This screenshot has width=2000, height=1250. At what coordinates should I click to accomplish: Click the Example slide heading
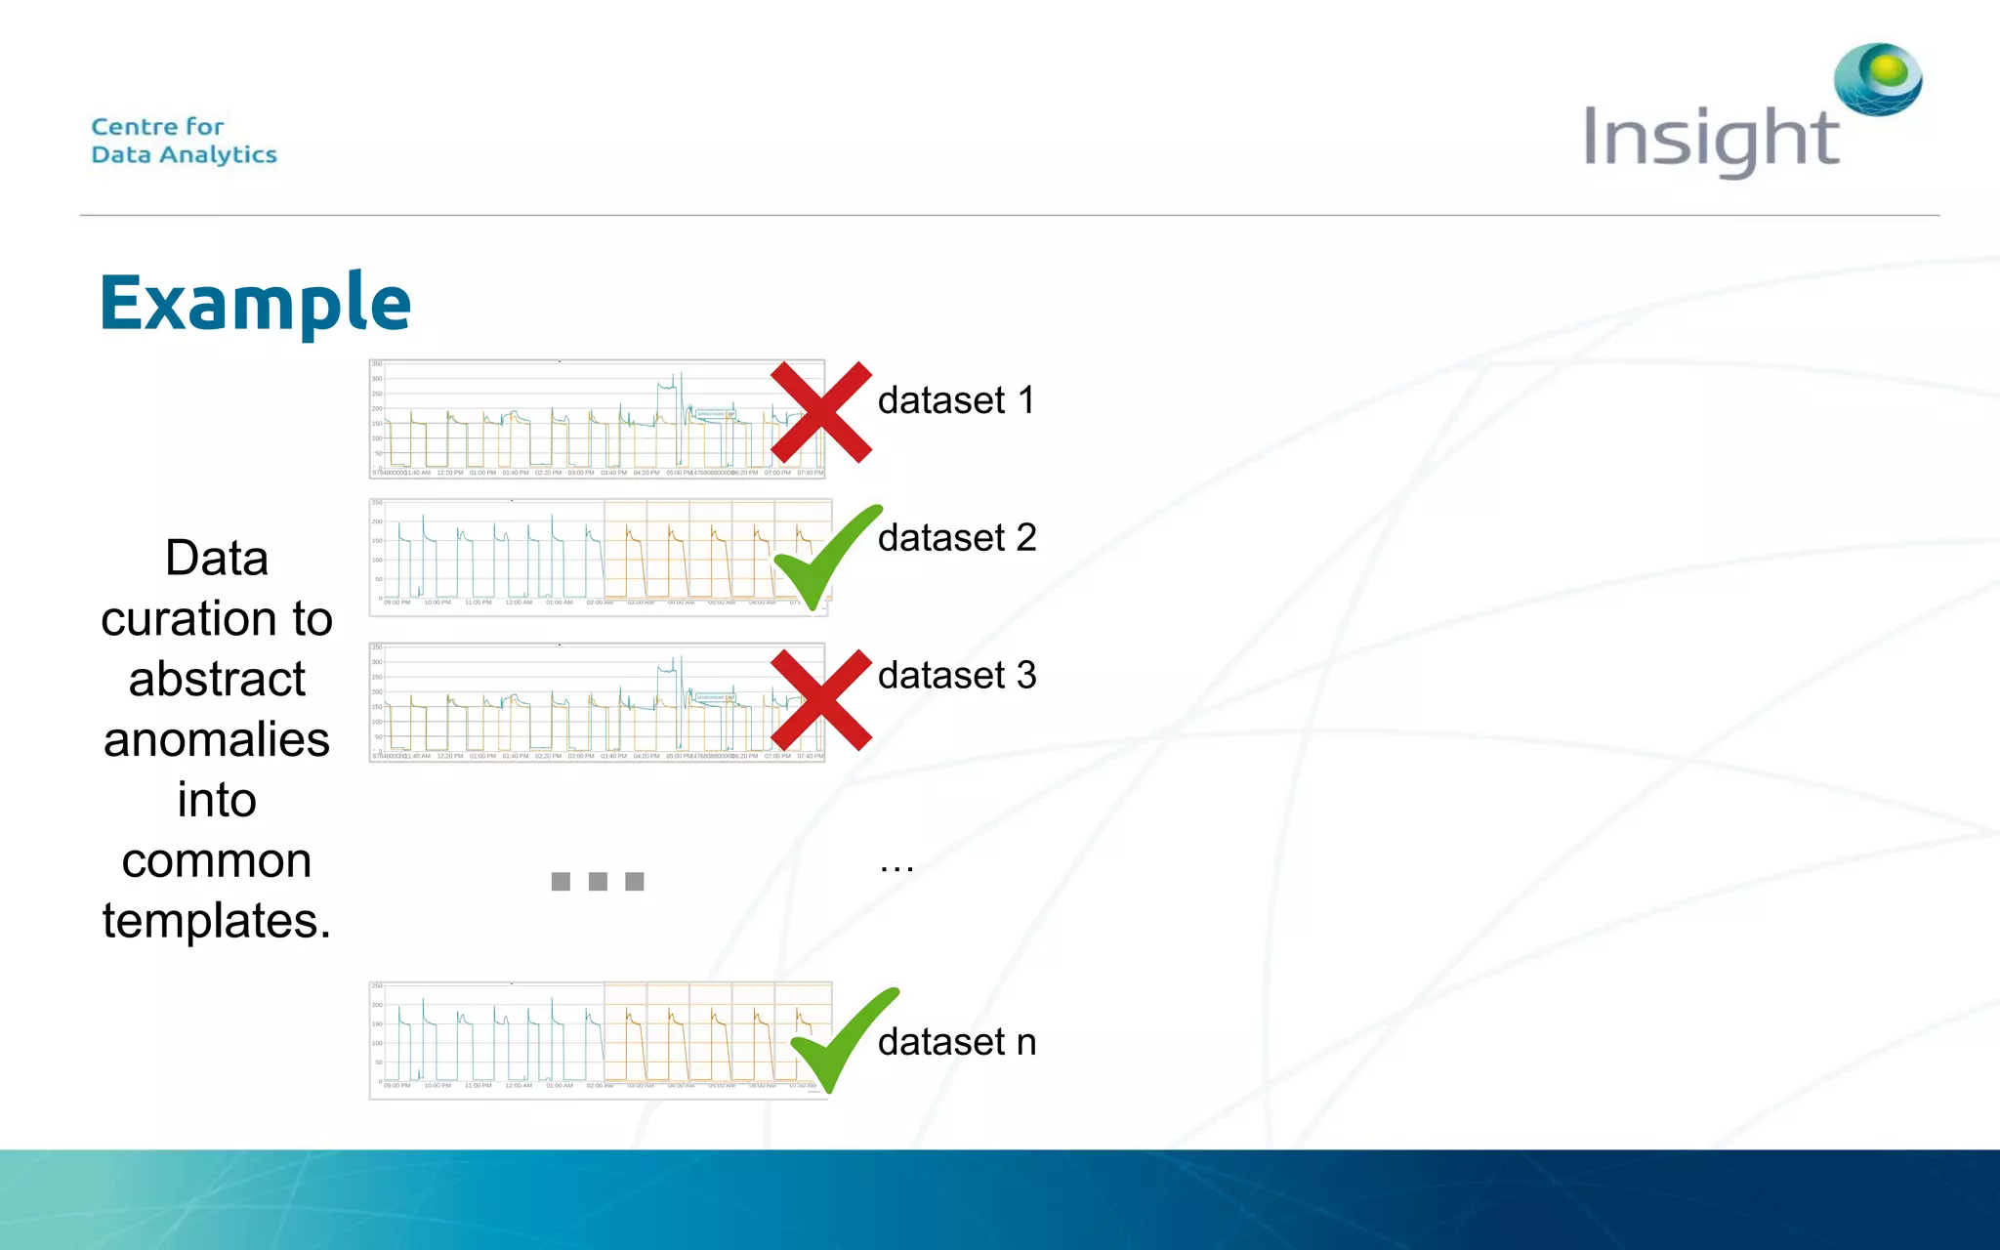pyautogui.click(x=255, y=303)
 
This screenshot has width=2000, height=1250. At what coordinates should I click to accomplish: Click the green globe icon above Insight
pyautogui.click(x=1878, y=78)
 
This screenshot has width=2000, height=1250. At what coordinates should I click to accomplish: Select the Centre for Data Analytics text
pyautogui.click(x=184, y=141)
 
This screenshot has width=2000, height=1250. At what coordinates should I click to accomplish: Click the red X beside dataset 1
pyautogui.click(x=820, y=412)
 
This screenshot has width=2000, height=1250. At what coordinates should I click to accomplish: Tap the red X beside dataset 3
pyautogui.click(x=820, y=699)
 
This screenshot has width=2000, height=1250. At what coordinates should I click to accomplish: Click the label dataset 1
pyautogui.click(x=956, y=400)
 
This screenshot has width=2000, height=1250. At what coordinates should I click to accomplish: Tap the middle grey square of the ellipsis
pyautogui.click(x=598, y=882)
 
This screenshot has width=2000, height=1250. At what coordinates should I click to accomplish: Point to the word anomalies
pyautogui.click(x=217, y=739)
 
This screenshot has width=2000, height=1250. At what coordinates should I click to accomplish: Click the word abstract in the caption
pyautogui.click(x=217, y=679)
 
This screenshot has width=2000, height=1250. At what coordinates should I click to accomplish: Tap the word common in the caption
pyautogui.click(x=217, y=860)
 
